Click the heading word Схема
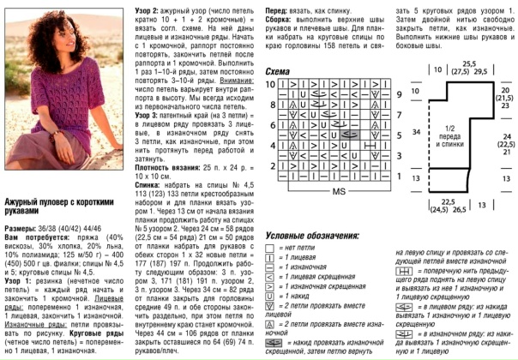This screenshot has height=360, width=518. point(277,70)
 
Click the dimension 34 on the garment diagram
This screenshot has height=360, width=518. point(415,133)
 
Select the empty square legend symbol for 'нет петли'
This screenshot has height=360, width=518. point(271,247)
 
